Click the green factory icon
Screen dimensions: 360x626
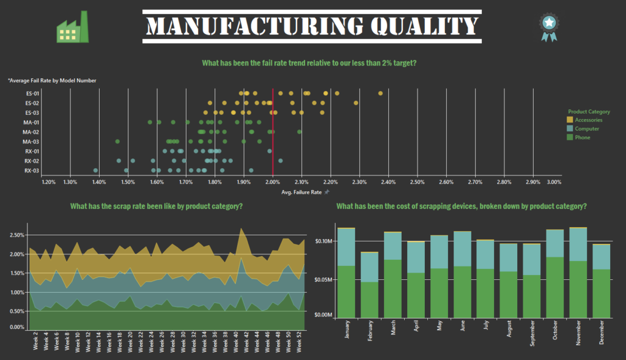[x=72, y=28]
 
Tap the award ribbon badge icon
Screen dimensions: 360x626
[x=548, y=27]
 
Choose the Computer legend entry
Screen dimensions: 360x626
[x=587, y=128]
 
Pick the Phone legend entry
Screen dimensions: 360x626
[x=583, y=137]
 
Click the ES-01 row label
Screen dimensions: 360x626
[x=32, y=94]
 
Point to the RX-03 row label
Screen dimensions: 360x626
[x=32, y=171]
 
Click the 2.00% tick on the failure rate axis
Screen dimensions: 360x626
[x=273, y=182]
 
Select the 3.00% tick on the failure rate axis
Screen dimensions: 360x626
[x=554, y=182]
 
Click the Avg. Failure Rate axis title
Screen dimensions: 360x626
[x=301, y=192]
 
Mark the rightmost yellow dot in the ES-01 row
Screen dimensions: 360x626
[x=380, y=93]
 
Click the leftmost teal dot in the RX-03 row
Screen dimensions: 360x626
[x=95, y=171]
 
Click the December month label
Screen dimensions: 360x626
[x=603, y=332]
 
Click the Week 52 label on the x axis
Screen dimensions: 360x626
[x=300, y=342]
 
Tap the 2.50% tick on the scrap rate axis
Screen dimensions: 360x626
[x=17, y=235]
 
